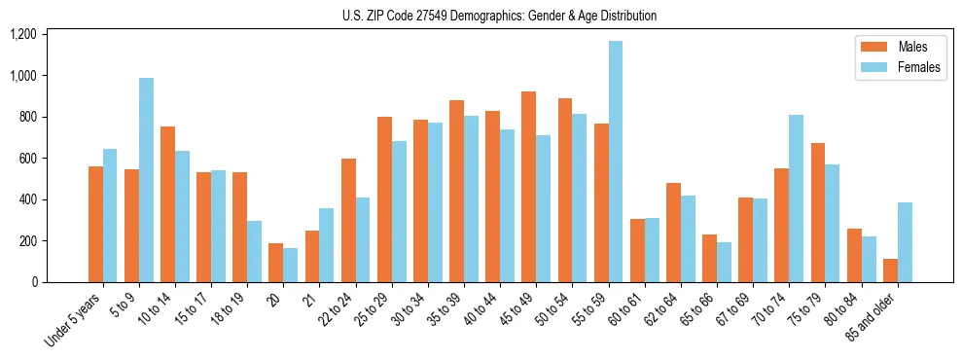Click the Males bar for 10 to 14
click(167, 204)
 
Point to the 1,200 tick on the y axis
click(49, 34)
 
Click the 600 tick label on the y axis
click(53, 159)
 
